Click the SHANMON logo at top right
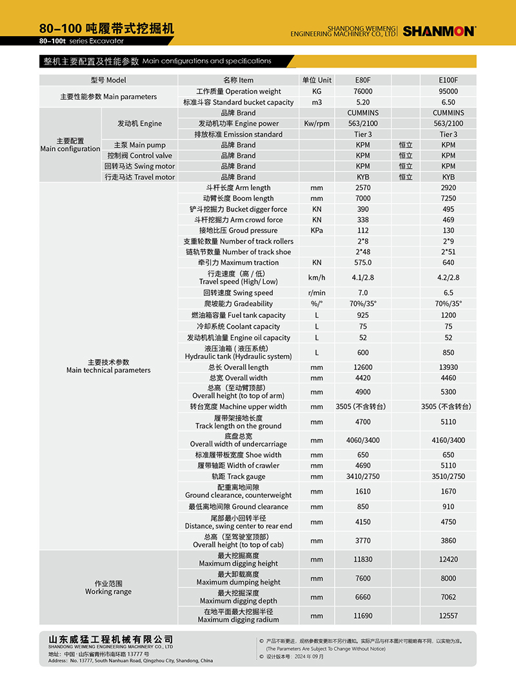(x=439, y=31)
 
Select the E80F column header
(x=363, y=81)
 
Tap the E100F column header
(x=448, y=81)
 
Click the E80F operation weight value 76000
(x=363, y=92)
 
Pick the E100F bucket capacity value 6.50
(x=448, y=102)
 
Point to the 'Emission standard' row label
(x=238, y=135)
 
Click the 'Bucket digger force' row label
(x=238, y=209)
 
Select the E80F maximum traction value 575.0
(x=363, y=263)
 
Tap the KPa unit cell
(x=317, y=231)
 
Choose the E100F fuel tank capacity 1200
(x=448, y=316)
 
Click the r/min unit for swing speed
(x=317, y=293)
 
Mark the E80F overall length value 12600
(x=363, y=367)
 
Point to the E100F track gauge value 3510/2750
(x=448, y=477)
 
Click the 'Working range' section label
(x=108, y=588)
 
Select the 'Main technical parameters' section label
(x=108, y=366)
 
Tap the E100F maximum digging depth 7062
(x=448, y=598)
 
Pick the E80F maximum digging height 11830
(x=363, y=559)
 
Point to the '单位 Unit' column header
(x=317, y=81)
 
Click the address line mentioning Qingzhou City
(x=130, y=661)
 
